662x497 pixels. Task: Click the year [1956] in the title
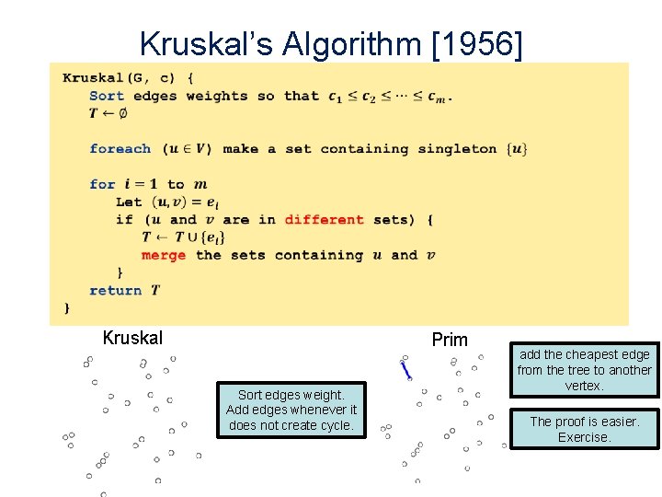click(x=476, y=43)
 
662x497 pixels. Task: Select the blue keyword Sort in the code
click(x=107, y=96)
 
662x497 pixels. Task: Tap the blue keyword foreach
click(x=120, y=149)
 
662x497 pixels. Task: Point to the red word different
click(x=325, y=220)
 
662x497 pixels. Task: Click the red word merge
click(x=164, y=255)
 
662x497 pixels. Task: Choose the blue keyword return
click(x=116, y=290)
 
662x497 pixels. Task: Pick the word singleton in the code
click(x=457, y=149)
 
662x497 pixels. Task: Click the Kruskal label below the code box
click(x=132, y=338)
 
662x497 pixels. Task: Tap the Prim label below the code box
click(x=450, y=340)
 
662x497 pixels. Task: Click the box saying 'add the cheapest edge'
click(x=584, y=369)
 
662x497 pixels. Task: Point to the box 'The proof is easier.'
click(x=584, y=429)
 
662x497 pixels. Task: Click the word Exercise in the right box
click(x=584, y=437)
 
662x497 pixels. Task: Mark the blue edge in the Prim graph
click(x=405, y=370)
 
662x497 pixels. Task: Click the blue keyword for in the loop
click(x=102, y=184)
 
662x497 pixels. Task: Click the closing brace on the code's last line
click(x=66, y=308)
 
